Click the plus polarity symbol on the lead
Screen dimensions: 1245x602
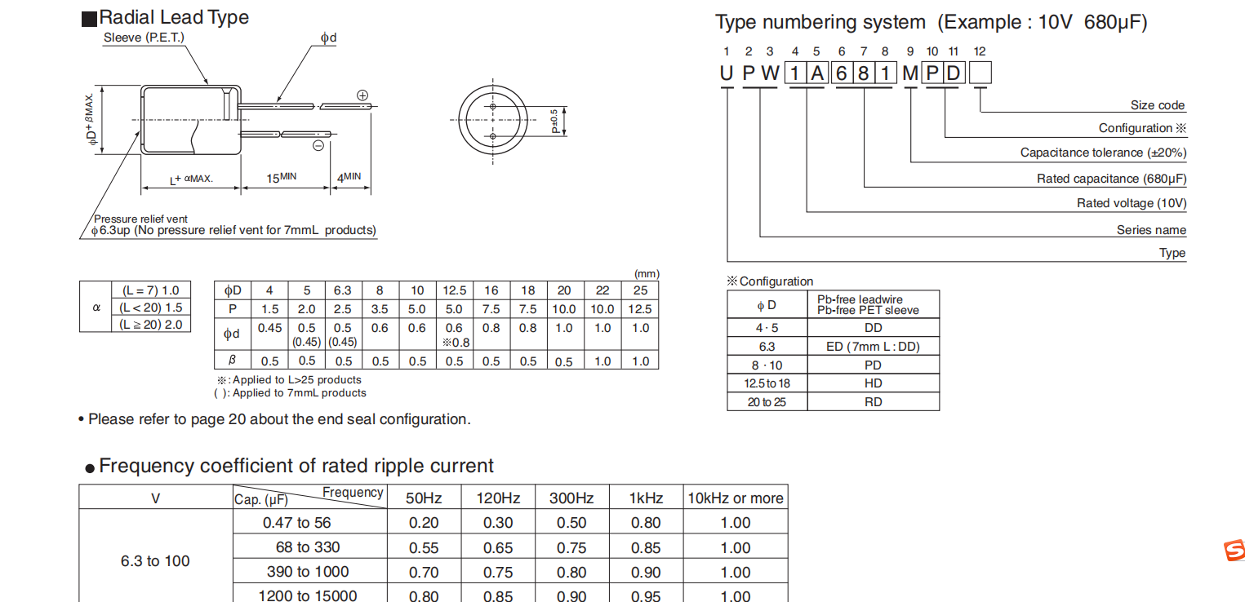[x=362, y=95]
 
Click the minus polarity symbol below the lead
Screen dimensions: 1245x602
[x=318, y=145]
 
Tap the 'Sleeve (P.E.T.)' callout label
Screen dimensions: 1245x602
[x=144, y=38]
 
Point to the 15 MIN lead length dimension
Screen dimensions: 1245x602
[x=281, y=178]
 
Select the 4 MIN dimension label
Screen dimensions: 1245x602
[x=349, y=178]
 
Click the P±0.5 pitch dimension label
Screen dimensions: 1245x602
[x=554, y=121]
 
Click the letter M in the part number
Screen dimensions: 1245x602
[x=909, y=73]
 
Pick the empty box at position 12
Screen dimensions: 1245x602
[x=980, y=73]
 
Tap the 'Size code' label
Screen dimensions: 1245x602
[x=1157, y=105]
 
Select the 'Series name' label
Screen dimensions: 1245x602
[x=1151, y=230]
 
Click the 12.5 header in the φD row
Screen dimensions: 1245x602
[x=454, y=290]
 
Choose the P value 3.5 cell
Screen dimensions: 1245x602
[x=380, y=309]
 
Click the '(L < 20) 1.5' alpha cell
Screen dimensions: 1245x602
[x=150, y=308]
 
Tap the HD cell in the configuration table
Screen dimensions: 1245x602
[x=874, y=383]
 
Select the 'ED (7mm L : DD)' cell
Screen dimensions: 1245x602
[x=874, y=347]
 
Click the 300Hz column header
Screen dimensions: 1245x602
[x=571, y=498]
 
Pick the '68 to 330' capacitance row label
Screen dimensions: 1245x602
[x=308, y=547]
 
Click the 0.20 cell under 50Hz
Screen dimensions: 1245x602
[x=424, y=523]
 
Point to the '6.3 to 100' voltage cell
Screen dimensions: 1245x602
[x=155, y=561]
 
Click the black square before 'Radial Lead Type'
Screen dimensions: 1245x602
[x=90, y=20]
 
